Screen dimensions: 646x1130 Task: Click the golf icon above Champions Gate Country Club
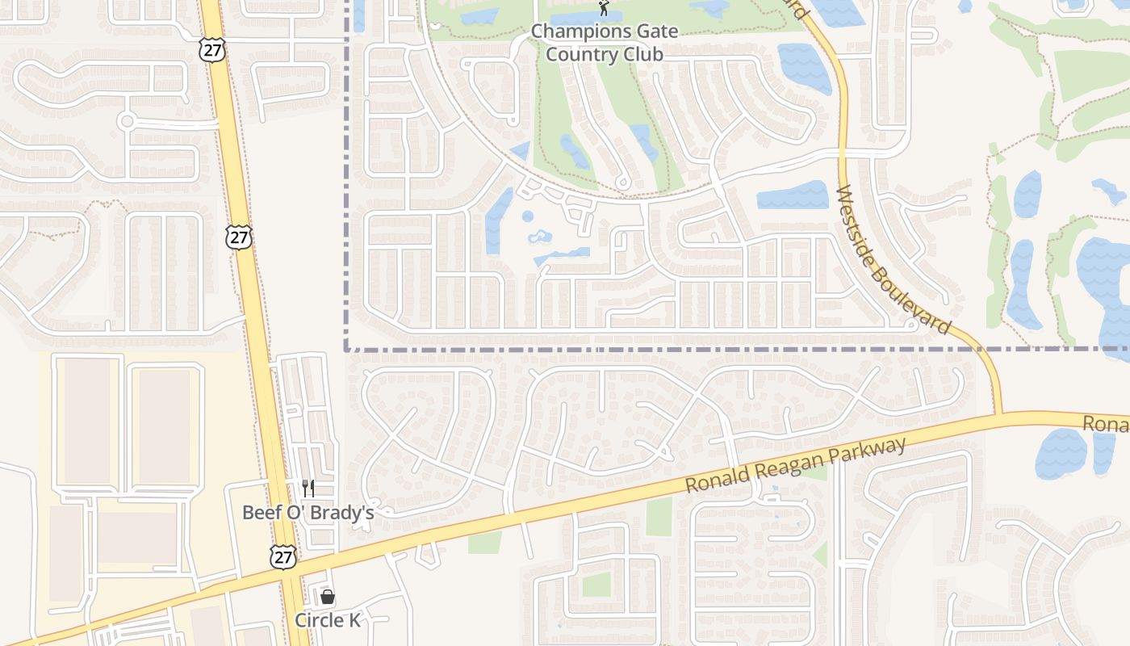click(604, 8)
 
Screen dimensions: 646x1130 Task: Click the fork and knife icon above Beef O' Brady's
click(308, 488)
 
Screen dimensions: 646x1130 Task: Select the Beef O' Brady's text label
click(308, 512)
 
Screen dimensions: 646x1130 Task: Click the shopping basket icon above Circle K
click(328, 598)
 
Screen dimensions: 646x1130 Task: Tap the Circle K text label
click(327, 620)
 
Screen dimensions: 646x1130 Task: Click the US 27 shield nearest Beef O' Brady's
click(283, 556)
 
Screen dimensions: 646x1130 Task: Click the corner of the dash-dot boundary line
click(347, 350)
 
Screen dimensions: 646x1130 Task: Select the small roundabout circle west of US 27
click(126, 122)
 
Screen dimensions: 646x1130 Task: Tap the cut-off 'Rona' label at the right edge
click(1105, 424)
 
